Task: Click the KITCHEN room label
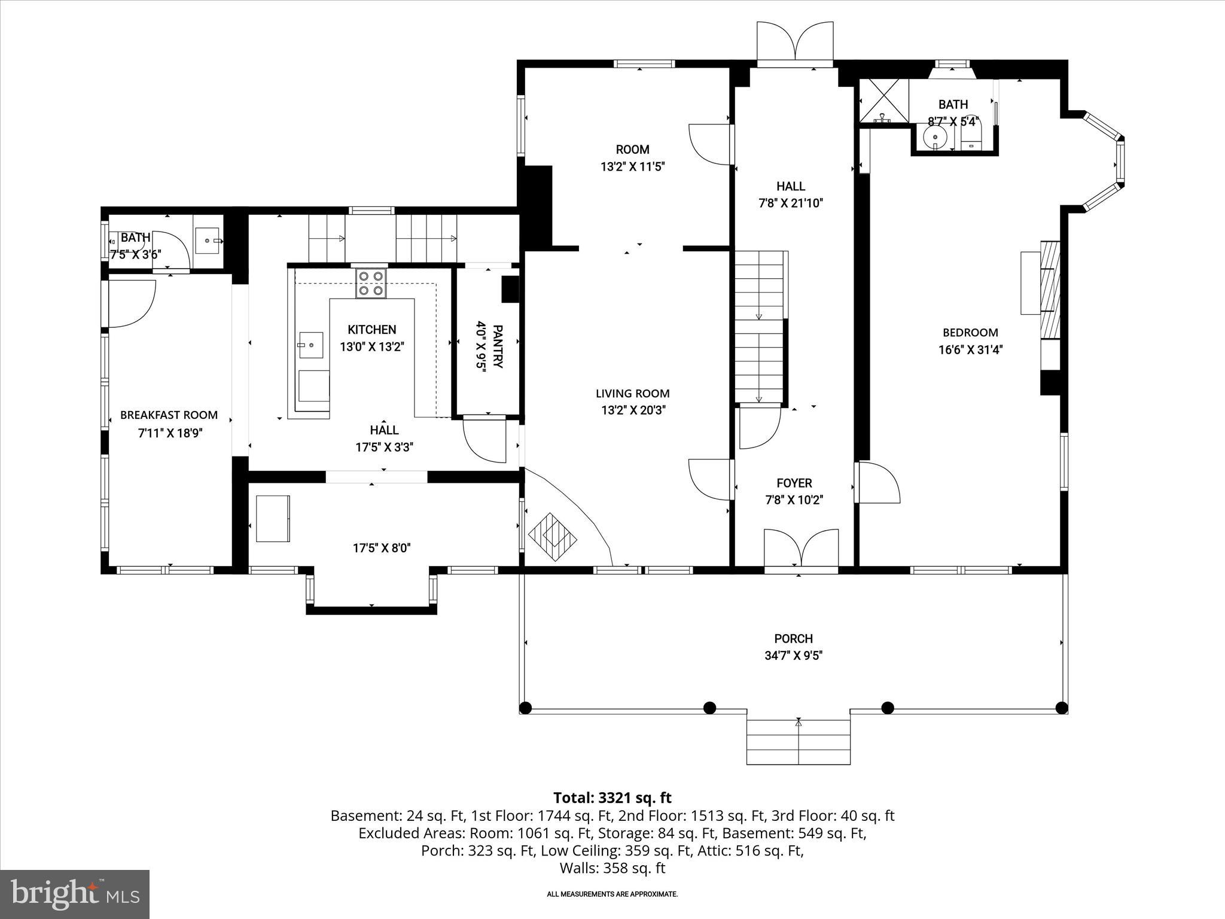coord(371,330)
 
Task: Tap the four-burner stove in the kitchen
coord(371,284)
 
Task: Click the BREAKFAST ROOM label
coord(169,415)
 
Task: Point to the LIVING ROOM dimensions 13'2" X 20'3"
coord(633,410)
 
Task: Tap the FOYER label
coord(794,483)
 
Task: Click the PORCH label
coord(793,638)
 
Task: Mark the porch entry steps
coord(798,742)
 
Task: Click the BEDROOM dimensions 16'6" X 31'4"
coord(970,349)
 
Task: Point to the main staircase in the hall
coord(760,326)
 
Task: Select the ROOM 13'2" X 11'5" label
coord(632,158)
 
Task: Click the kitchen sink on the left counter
coord(311,345)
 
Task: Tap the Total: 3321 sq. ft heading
coord(612,798)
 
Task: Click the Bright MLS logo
coord(75,893)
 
